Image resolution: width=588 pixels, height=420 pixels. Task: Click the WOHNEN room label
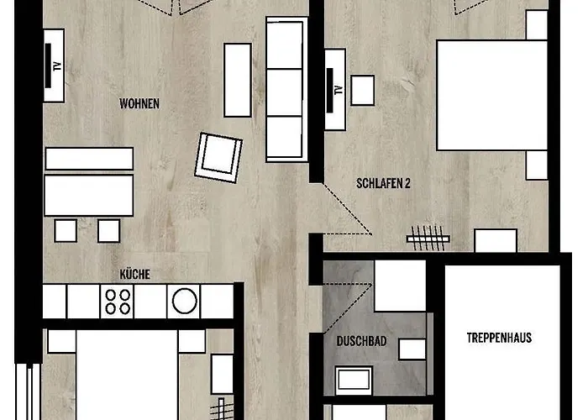coord(139,103)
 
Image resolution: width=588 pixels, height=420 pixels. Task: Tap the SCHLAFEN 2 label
coord(383,183)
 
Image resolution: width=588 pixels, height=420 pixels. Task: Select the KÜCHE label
coord(135,274)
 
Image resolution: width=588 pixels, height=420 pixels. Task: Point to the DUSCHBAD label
coord(361,341)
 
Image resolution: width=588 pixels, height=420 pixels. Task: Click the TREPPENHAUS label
coord(499,338)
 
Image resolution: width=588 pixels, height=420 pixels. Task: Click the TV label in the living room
coord(57,66)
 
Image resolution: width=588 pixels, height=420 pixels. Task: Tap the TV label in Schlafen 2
coord(339,90)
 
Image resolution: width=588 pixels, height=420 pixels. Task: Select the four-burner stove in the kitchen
coord(118,302)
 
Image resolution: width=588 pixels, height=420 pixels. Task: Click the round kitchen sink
coord(184,301)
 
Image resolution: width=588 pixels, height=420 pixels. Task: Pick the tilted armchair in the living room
coord(218,158)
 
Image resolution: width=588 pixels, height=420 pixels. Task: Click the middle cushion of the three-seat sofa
coord(285,92)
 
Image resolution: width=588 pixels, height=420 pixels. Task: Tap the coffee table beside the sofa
coord(238,81)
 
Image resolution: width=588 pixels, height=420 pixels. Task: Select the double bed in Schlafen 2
coord(492,96)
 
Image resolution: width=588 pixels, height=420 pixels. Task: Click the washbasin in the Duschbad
coord(354,381)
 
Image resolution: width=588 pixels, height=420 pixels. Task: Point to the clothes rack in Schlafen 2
coord(428,238)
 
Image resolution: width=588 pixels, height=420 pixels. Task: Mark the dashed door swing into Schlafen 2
coord(348,209)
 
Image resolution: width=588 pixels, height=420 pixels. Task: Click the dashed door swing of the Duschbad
coord(348,308)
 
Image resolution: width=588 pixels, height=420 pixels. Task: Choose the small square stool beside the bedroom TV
coord(363,91)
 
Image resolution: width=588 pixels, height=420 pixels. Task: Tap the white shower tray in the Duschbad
coord(400,286)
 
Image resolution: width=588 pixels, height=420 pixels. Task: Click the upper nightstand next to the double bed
coord(537,24)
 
